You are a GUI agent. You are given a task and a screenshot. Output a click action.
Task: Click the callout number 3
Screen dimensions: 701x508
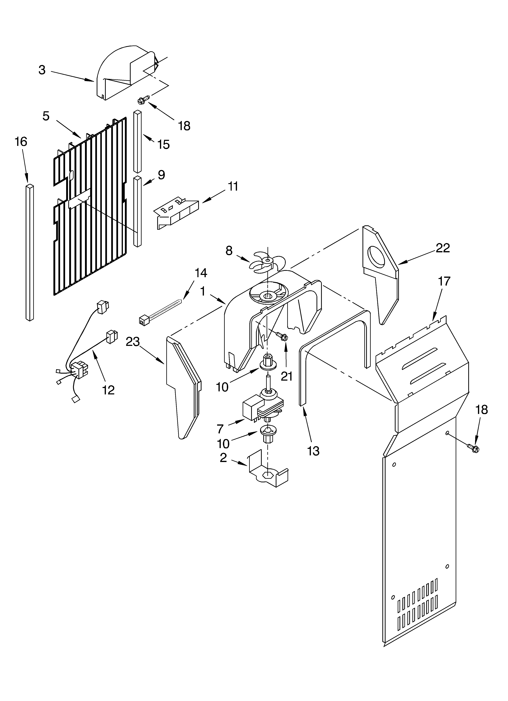point(42,70)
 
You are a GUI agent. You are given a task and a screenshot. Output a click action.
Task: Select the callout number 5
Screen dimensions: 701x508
point(46,116)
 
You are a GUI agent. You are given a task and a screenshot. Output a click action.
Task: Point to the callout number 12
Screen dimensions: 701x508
point(108,390)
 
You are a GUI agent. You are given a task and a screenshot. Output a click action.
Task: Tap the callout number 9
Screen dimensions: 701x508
point(161,175)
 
